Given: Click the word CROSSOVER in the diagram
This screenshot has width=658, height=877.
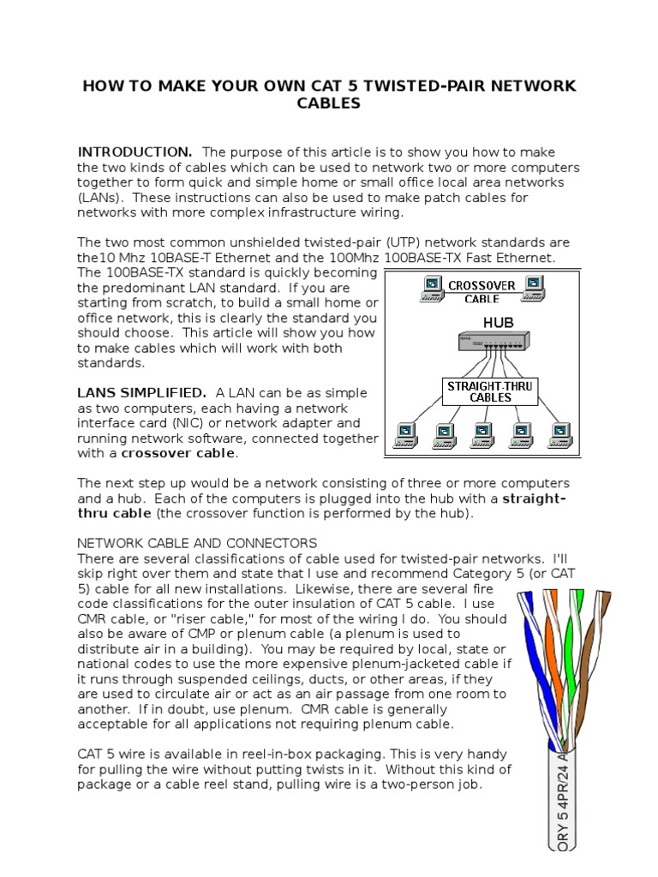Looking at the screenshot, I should tap(482, 285).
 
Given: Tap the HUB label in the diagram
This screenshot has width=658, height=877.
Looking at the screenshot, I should tap(483, 323).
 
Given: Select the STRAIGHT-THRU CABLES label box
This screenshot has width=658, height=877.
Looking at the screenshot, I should tap(490, 391).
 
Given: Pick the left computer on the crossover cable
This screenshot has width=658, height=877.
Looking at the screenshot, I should tap(431, 289).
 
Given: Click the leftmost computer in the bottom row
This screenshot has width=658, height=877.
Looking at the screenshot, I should tap(405, 435).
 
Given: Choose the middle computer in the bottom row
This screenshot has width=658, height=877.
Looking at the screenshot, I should tap(483, 435).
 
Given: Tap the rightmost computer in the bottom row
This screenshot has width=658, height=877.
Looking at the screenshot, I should tap(560, 435).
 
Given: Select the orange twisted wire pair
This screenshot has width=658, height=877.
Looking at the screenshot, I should tap(558, 634).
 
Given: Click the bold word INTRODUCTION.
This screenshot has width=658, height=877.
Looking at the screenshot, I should tap(135, 152).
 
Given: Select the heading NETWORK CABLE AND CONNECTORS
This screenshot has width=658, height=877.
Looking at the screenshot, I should tap(197, 543).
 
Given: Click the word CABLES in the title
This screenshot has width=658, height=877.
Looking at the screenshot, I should tap(328, 104).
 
